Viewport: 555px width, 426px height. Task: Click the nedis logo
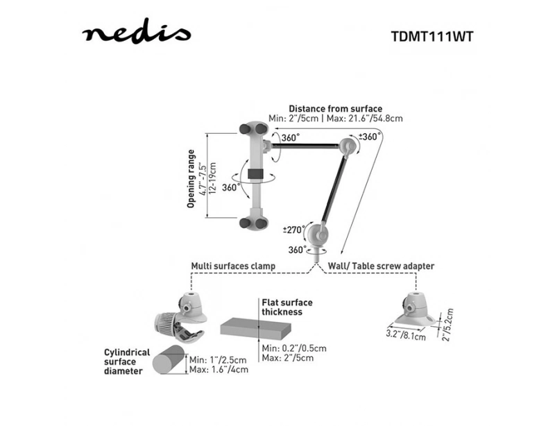[136, 32]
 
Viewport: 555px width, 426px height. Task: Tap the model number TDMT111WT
[432, 37]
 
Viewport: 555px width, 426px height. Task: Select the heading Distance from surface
[336, 109]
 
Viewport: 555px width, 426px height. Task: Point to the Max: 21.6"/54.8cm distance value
[364, 118]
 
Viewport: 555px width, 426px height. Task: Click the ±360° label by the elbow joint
[370, 137]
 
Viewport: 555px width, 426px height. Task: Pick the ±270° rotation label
[293, 230]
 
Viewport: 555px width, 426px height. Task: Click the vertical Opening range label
[191, 178]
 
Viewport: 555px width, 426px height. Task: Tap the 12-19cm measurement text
[212, 178]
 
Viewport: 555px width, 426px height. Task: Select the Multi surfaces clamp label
[233, 266]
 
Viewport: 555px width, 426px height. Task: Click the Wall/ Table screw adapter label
[381, 266]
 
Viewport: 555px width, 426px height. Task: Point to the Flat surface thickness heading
[287, 307]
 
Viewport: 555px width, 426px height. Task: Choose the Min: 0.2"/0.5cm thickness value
[294, 348]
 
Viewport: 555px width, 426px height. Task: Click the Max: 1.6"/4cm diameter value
[219, 370]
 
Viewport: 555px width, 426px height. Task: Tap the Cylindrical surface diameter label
[127, 362]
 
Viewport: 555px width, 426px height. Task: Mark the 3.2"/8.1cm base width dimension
[406, 335]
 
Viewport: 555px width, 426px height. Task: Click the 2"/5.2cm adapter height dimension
[447, 325]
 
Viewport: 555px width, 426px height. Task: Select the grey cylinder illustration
[169, 359]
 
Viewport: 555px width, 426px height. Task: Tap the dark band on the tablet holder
[255, 174]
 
